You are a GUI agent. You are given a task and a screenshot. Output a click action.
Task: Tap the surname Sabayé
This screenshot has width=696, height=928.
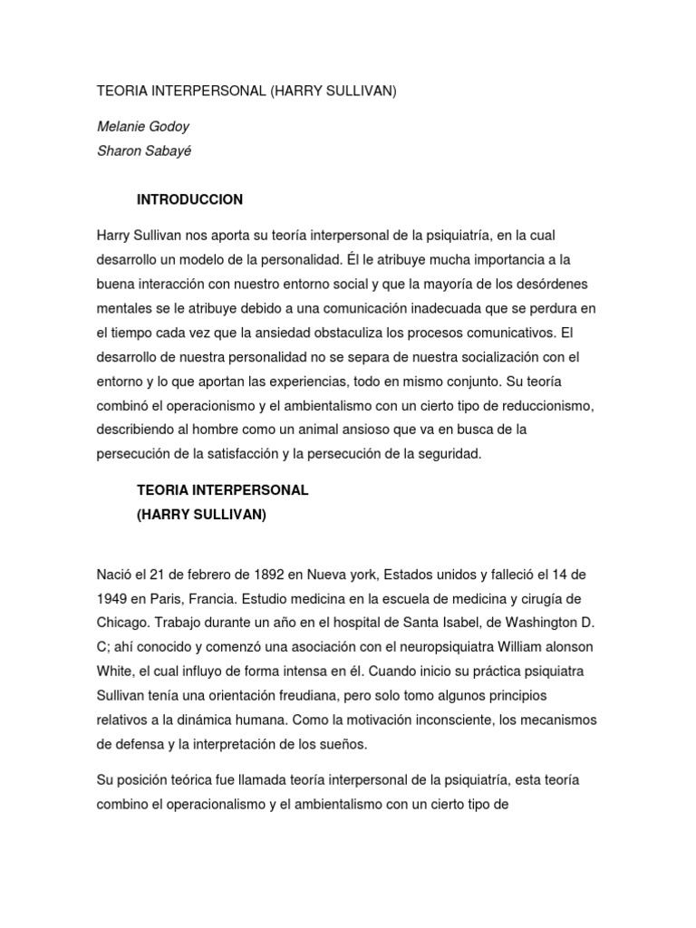[167, 151]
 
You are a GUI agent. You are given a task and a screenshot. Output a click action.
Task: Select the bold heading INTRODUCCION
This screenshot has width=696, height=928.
[189, 199]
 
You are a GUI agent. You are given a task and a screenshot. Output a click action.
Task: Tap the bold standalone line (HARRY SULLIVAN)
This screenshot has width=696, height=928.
[201, 514]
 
